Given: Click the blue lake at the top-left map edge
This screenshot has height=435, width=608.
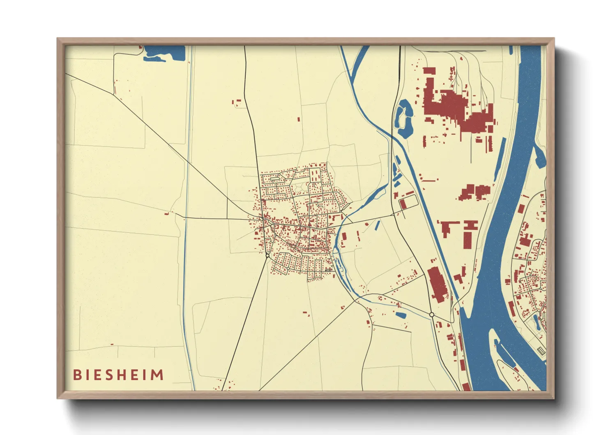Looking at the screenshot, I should point(164,53).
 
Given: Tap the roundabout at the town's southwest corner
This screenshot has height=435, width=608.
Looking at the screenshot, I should point(267,256).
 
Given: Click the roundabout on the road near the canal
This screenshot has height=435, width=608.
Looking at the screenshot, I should point(432,315).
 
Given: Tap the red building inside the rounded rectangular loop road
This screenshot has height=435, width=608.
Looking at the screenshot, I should point(403,204).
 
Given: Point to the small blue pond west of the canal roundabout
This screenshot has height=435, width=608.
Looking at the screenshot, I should point(401,315).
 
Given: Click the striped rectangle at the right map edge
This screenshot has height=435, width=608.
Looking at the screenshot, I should point(541,351).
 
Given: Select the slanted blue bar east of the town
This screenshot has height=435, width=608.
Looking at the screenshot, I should point(377,225).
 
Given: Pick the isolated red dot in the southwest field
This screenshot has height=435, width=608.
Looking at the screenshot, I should point(112,345).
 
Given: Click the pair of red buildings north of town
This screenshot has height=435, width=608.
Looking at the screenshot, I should point(237,102).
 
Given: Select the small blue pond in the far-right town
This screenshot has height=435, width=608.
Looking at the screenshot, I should point(537,321).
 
